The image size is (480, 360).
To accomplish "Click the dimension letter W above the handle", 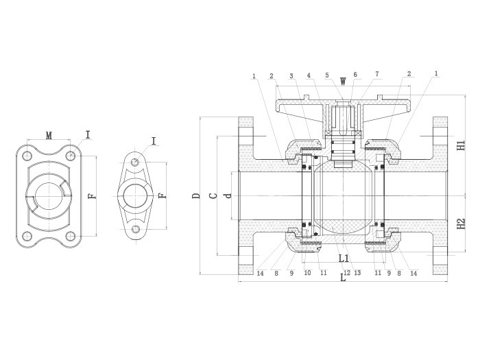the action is (x=343, y=82).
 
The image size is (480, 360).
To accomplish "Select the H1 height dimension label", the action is (x=461, y=145).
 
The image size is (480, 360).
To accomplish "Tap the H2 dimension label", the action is (x=461, y=224).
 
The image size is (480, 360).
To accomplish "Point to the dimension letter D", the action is (x=196, y=195).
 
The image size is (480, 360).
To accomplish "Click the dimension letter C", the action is (x=213, y=195).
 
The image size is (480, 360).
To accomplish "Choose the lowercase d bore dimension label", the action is (x=228, y=195).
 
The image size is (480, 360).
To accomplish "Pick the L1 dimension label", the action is (x=344, y=259).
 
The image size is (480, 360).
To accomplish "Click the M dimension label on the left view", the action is (x=49, y=135).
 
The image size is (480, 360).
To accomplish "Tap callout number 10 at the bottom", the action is (x=308, y=273).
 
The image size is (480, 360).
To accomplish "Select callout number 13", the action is (x=357, y=273).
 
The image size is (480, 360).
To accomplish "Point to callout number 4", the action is (x=309, y=75).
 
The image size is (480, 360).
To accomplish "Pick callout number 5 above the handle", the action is (x=327, y=75).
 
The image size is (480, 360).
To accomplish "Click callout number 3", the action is (x=291, y=76).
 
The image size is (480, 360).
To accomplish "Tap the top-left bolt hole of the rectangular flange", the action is (x=27, y=155).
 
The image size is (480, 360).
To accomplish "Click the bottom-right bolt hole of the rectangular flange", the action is (x=71, y=236).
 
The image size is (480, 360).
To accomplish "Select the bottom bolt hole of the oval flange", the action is (x=135, y=228).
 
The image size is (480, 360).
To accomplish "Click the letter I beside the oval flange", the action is (x=154, y=141).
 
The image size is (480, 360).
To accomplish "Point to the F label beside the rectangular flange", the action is (x=92, y=195).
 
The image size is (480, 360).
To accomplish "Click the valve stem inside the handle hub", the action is (x=343, y=119).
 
